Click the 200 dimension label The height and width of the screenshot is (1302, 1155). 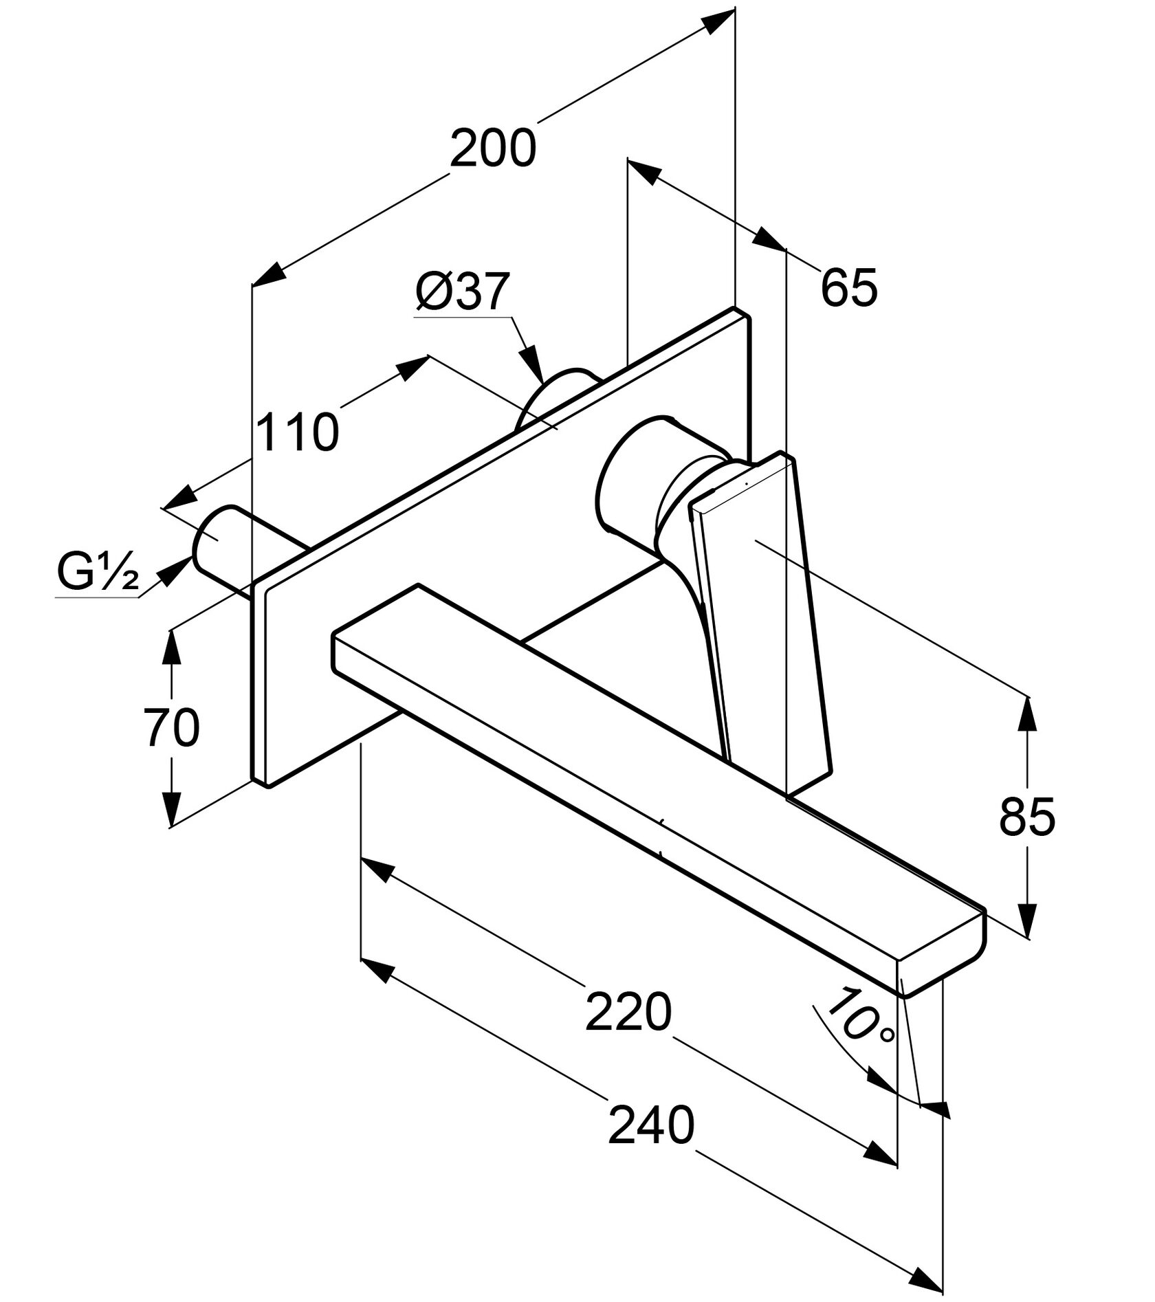(x=492, y=148)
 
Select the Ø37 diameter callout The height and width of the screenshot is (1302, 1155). (x=462, y=292)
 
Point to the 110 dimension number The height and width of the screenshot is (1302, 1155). (x=297, y=432)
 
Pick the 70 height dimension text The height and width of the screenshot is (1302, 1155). (x=171, y=728)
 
